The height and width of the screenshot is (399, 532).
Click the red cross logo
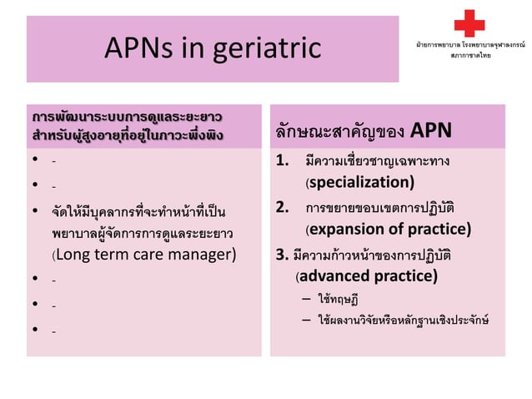(x=469, y=23)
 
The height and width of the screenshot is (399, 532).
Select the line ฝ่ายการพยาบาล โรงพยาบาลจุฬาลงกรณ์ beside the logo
(x=469, y=42)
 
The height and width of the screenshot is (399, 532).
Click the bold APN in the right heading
(x=430, y=130)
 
